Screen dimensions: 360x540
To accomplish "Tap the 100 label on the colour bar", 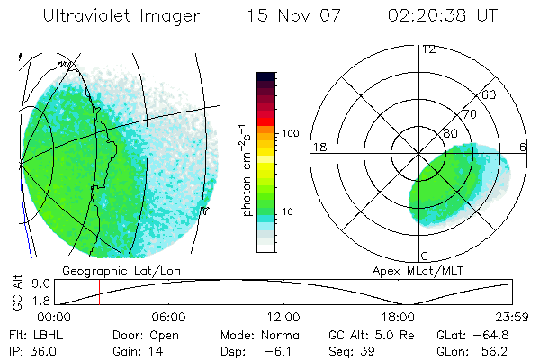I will [290, 133].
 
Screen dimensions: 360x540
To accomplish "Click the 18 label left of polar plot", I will [319, 147].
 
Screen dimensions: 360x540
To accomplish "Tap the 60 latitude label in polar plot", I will [490, 94].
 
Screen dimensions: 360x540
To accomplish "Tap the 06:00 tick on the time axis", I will [168, 317].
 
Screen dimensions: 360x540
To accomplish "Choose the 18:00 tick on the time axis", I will [398, 317].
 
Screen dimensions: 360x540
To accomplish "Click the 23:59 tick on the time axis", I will [511, 317].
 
